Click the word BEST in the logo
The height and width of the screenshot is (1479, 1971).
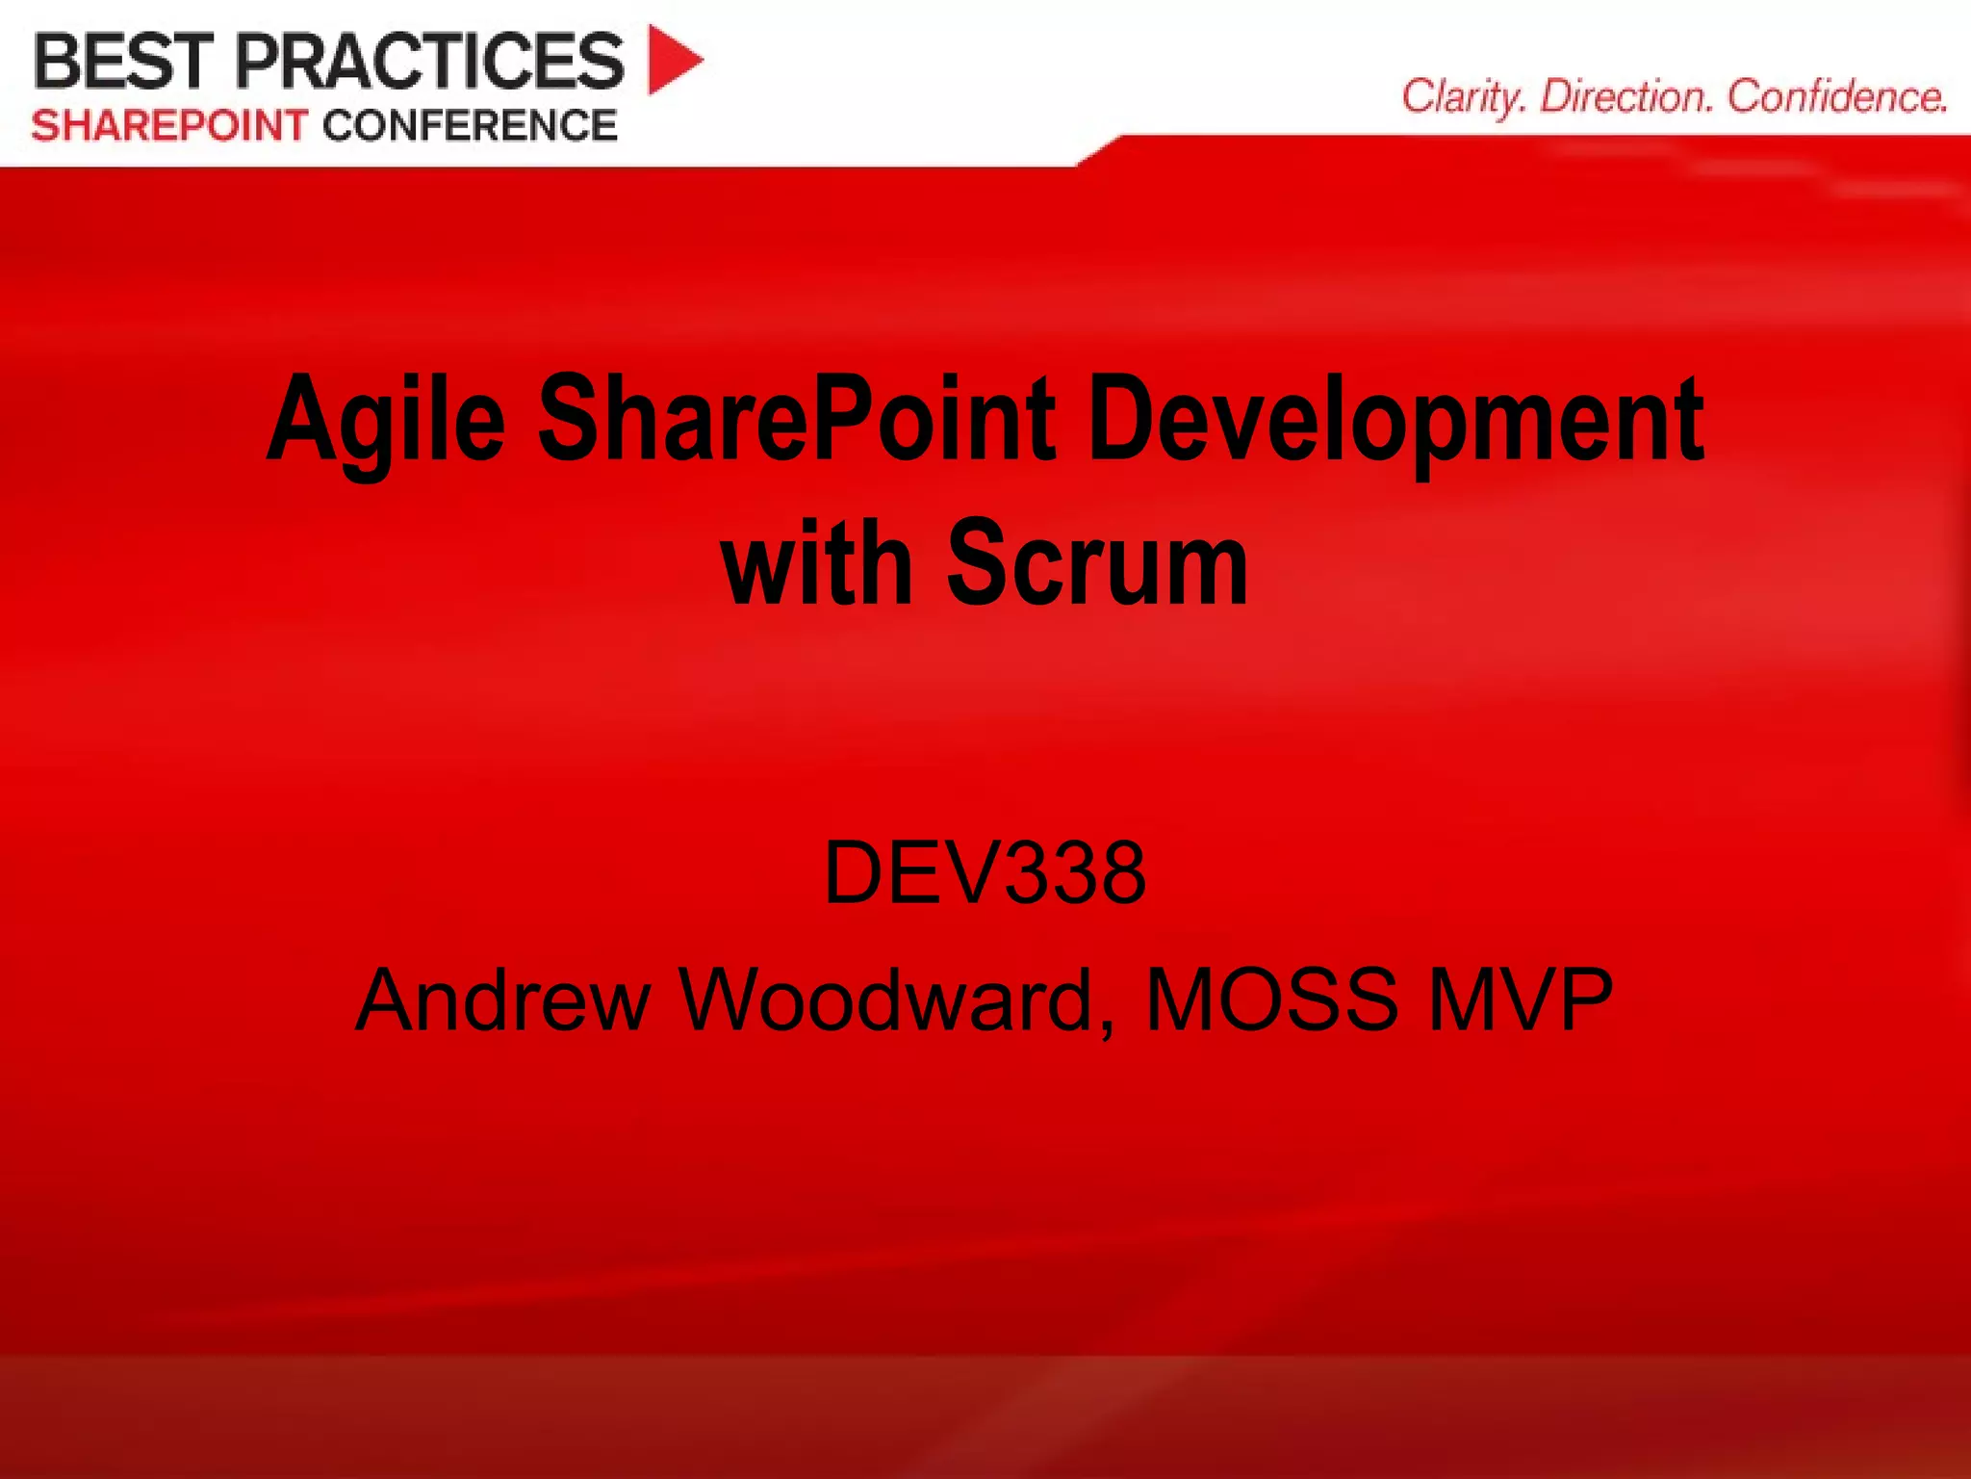[x=123, y=61]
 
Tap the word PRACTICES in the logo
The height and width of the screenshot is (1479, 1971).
[x=429, y=61]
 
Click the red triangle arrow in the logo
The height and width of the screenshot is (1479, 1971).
[x=674, y=60]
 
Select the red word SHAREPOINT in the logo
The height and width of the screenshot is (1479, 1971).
[x=169, y=126]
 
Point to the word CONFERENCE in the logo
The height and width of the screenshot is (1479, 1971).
[x=470, y=126]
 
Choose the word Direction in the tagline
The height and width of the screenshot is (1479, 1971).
[x=1626, y=97]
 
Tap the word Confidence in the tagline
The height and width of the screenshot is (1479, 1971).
[x=1836, y=97]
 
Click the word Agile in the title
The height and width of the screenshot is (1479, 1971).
[x=386, y=422]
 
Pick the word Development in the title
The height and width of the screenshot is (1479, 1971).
[x=1395, y=422]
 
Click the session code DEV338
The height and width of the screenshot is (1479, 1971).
[x=985, y=872]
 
